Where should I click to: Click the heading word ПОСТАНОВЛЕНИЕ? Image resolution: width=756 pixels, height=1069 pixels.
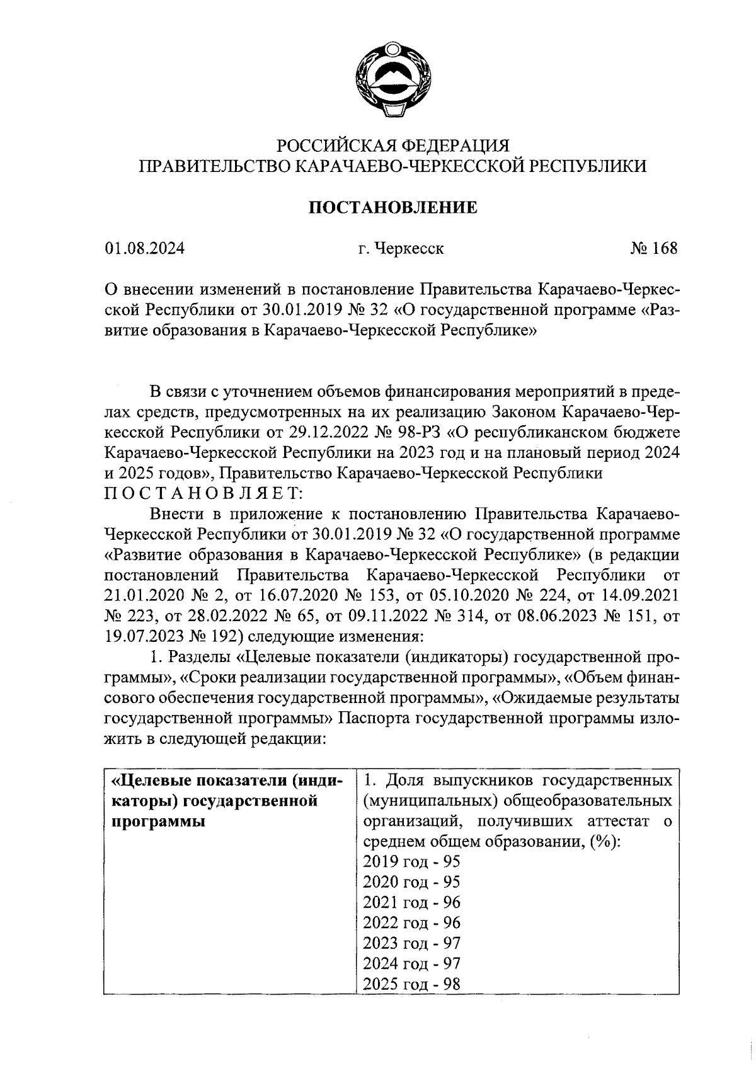pos(392,207)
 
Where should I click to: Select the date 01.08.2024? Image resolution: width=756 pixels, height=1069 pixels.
pos(145,248)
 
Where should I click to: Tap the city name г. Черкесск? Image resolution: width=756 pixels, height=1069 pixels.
pos(401,248)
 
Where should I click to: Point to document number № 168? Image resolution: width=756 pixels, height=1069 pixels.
pos(653,248)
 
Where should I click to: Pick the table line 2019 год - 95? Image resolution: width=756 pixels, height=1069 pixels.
pos(412,862)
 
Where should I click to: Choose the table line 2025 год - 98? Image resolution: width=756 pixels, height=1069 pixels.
pos(412,983)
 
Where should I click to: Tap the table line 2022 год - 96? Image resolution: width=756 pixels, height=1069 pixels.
pos(412,923)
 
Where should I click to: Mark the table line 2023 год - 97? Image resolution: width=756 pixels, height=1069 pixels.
pos(412,943)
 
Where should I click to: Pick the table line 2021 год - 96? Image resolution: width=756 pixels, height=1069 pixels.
pos(412,902)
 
